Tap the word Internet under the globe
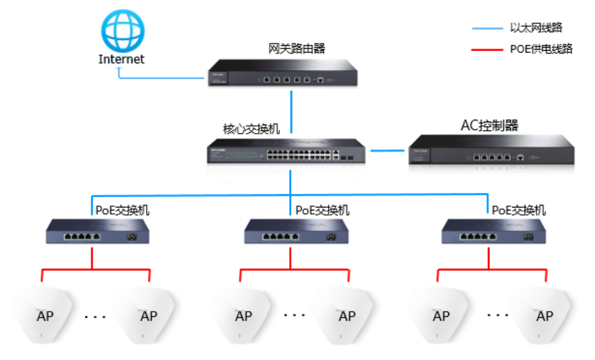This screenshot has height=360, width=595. [x=122, y=59]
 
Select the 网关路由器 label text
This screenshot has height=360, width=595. [x=297, y=48]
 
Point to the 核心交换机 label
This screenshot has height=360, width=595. [x=251, y=128]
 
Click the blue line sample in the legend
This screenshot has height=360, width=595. [x=486, y=28]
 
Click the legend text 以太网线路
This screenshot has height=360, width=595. [x=536, y=28]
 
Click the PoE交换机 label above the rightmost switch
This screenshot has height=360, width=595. [x=518, y=210]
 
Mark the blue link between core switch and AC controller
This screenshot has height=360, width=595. [x=388, y=151]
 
